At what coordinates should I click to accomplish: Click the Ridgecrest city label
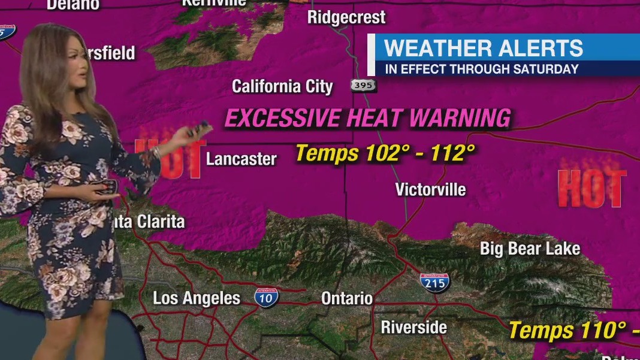346,17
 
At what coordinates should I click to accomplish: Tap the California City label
282,86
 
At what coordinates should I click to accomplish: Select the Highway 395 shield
363,86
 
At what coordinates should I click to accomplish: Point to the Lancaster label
241,159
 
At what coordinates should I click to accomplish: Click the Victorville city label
430,190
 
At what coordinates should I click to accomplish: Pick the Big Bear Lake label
530,249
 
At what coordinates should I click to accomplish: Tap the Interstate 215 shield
434,282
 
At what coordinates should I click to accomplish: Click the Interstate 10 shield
266,298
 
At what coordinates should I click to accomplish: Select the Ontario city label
347,298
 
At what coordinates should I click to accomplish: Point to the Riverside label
414,328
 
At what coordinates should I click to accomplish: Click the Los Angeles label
197,298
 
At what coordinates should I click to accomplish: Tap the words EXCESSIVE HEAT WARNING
367,118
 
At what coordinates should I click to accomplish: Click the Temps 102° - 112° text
385,154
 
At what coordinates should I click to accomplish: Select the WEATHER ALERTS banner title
483,48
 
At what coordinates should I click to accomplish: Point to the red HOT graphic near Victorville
591,187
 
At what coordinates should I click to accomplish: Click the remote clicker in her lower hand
106,187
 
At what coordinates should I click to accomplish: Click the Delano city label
73,5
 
